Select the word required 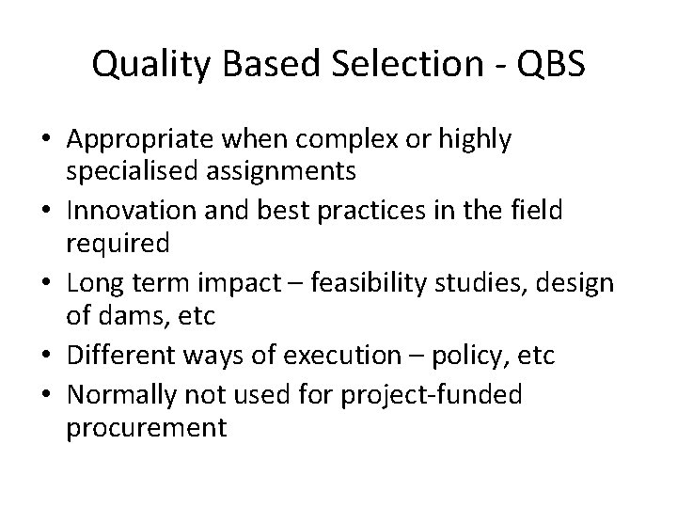click(x=118, y=244)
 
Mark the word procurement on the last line click(x=147, y=429)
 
